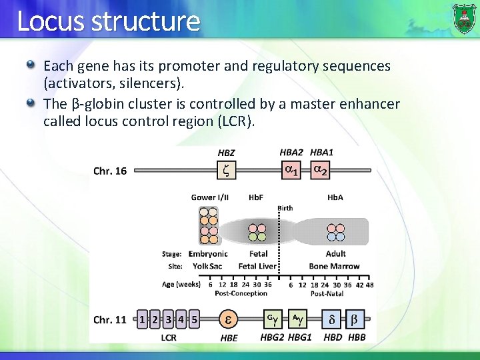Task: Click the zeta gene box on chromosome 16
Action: point(227,171)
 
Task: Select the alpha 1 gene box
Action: point(291,171)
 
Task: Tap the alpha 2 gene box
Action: point(321,171)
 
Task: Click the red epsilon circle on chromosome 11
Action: point(228,319)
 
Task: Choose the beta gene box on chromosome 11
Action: point(355,319)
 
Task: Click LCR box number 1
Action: point(143,319)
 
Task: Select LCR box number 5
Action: point(194,319)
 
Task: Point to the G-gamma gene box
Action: point(272,319)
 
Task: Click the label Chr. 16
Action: point(110,171)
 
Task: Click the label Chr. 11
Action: point(110,320)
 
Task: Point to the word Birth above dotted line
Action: point(285,208)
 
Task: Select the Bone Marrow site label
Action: point(334,266)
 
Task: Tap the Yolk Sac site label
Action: point(207,266)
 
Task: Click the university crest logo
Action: point(463,18)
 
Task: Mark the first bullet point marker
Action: point(30,65)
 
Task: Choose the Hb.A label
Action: point(335,197)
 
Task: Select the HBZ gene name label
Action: point(227,153)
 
